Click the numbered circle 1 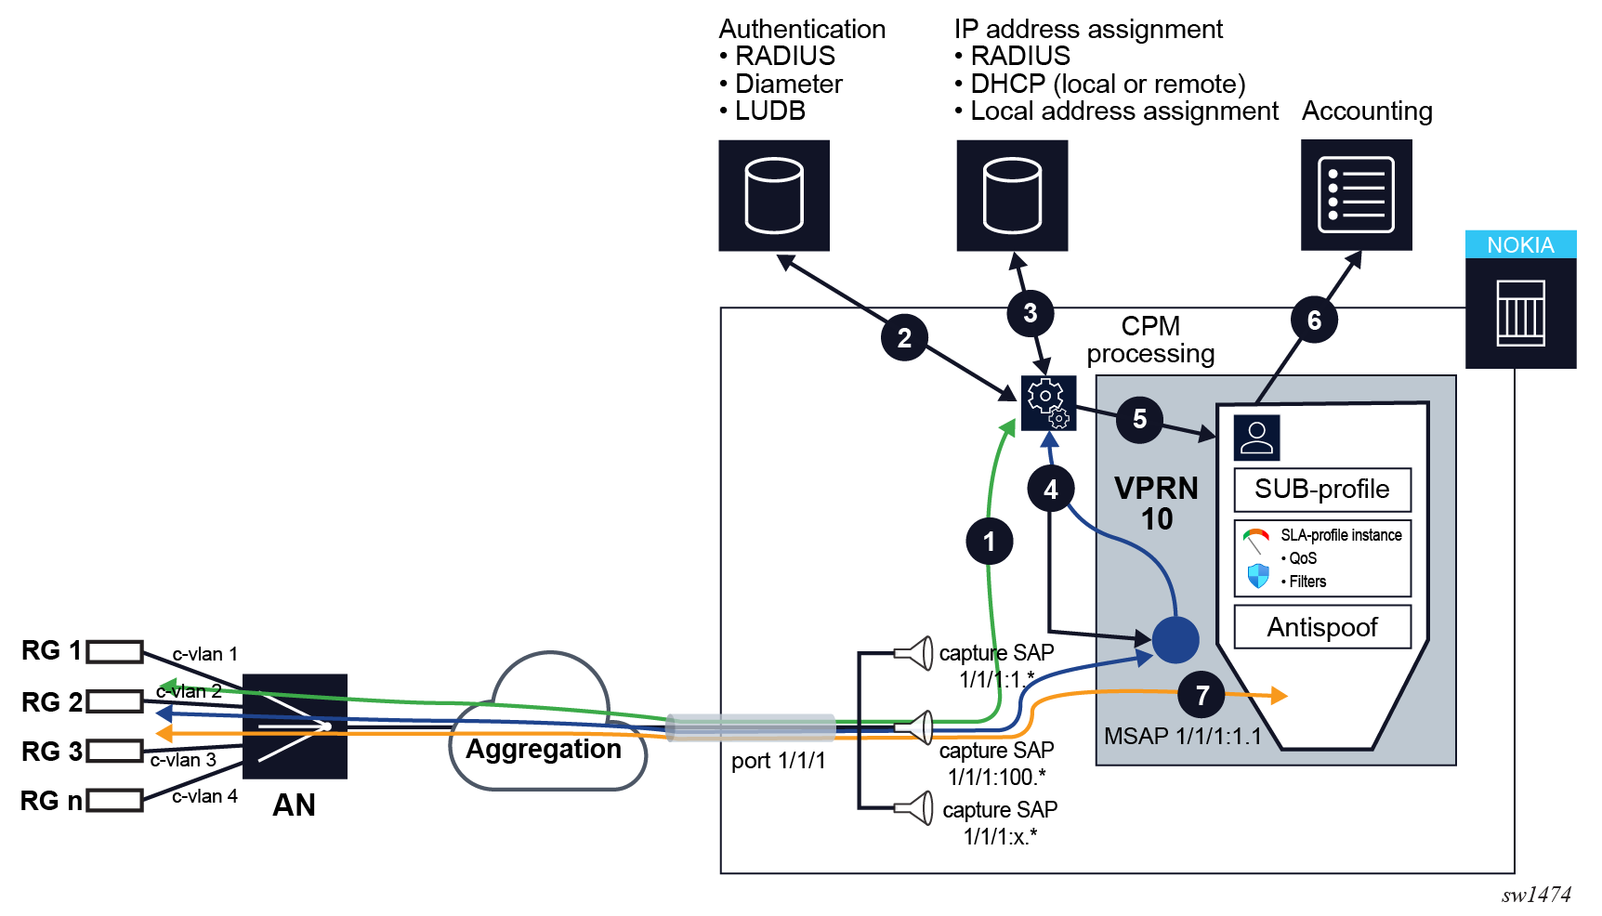(989, 542)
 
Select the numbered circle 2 (904, 338)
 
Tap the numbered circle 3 (1030, 313)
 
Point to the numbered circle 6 (1314, 321)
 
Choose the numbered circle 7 (1201, 695)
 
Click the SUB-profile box (1321, 490)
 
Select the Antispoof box (1321, 627)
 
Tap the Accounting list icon (1356, 195)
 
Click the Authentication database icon (774, 195)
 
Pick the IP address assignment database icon (1012, 195)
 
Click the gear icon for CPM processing (1048, 403)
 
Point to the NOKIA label (1520, 245)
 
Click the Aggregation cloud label (544, 749)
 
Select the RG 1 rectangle (115, 651)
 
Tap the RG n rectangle (115, 800)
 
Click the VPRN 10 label (1156, 504)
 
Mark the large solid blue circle (1175, 640)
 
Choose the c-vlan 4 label (204, 796)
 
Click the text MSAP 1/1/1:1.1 (1182, 737)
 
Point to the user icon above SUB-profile (1256, 438)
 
